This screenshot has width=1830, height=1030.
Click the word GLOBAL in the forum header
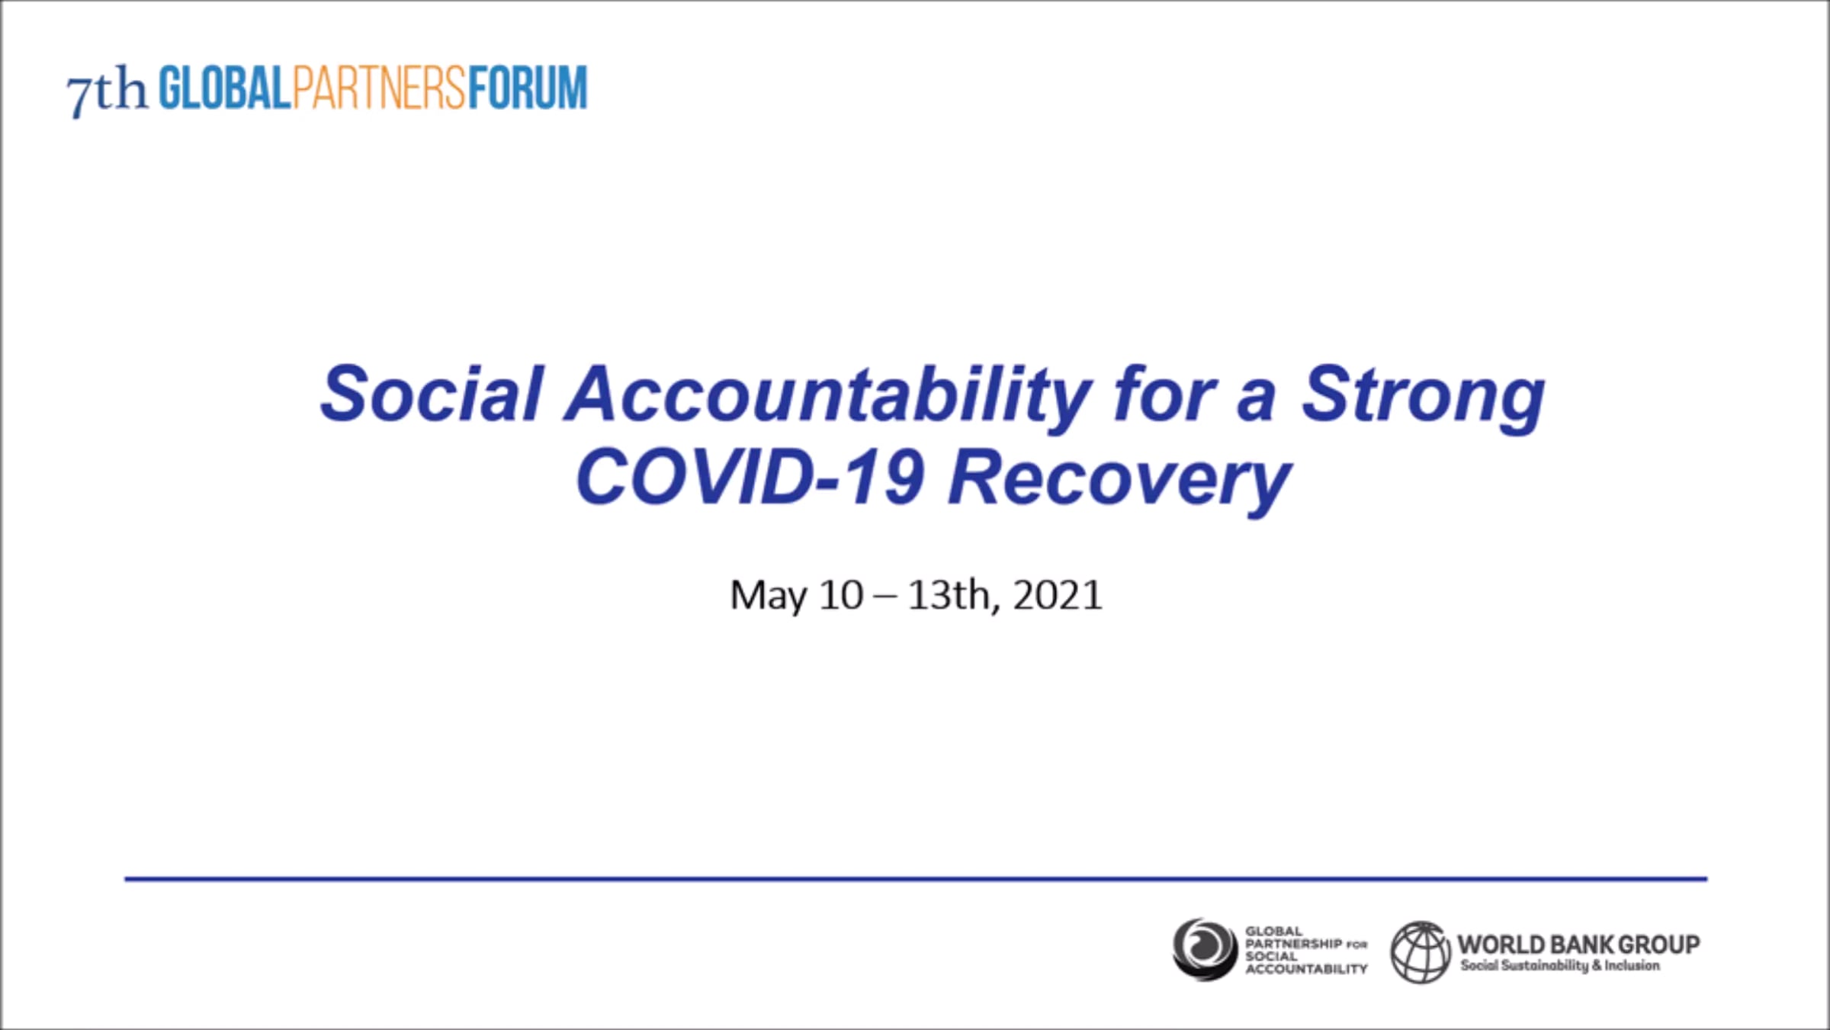click(225, 88)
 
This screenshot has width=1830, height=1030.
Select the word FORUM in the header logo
click(528, 88)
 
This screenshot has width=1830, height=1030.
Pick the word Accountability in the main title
click(827, 399)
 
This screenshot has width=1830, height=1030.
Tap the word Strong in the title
click(1423, 399)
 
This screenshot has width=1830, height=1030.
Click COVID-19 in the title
click(750, 478)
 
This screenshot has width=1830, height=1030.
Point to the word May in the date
click(769, 596)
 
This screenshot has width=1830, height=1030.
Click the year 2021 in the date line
click(1058, 595)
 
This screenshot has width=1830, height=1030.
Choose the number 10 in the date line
click(841, 595)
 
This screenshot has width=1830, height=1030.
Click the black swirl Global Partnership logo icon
click(1205, 950)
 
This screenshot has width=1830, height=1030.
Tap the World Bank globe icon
click(1421, 952)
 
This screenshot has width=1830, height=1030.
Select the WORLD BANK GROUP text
click(1578, 945)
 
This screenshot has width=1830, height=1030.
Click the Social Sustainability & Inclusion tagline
click(1560, 966)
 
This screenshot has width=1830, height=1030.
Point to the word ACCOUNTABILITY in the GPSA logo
click(1307, 969)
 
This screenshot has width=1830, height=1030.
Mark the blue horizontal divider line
click(916, 879)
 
